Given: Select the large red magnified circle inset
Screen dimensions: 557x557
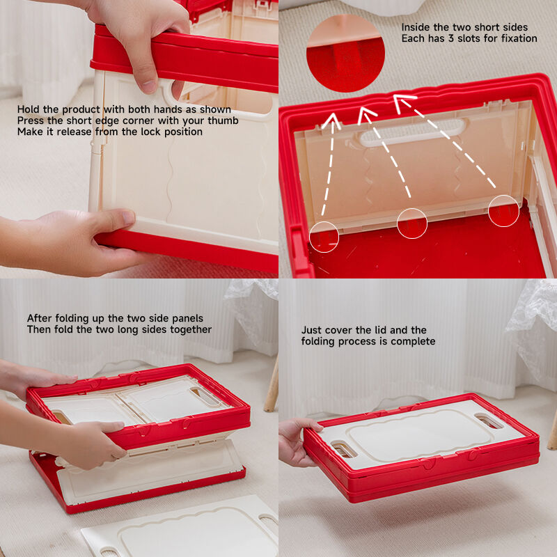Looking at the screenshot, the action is click(345, 54).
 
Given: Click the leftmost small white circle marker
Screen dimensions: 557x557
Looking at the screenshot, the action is click(324, 237).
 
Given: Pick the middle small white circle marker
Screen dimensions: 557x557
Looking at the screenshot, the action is click(412, 223).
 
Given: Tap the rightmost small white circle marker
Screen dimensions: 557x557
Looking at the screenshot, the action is click(503, 211).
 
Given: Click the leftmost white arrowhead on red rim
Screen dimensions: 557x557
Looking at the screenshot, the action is click(331, 120).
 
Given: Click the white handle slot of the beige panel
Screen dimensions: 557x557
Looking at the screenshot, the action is click(412, 133).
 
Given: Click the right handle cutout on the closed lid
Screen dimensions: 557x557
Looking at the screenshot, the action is click(489, 421).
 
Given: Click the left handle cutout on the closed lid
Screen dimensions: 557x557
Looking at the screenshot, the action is click(344, 449).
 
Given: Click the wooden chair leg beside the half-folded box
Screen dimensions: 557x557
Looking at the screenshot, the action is click(272, 386).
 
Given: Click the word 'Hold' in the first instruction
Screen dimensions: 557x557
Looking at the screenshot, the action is click(29, 109).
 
